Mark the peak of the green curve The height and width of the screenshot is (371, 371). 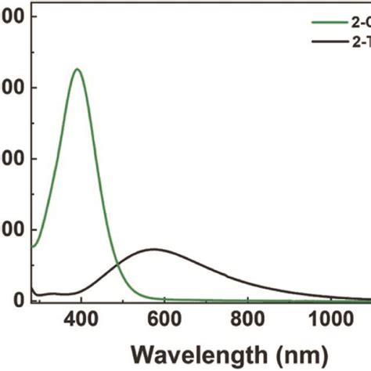click(x=77, y=69)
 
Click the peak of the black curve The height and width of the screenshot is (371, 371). click(x=154, y=249)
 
